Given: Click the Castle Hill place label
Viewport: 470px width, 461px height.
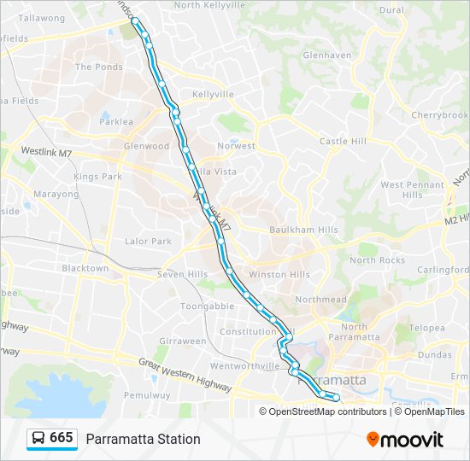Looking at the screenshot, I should click(x=342, y=141).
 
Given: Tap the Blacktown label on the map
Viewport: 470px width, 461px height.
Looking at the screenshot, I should click(x=85, y=268).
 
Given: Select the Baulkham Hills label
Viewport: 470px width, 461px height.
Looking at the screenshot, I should click(x=292, y=228).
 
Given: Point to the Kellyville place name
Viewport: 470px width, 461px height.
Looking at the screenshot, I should click(x=213, y=95).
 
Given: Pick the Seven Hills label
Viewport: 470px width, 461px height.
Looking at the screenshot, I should click(x=182, y=274).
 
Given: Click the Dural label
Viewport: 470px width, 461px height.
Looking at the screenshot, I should click(x=391, y=10).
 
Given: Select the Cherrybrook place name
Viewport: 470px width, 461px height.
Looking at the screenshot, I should click(x=440, y=115).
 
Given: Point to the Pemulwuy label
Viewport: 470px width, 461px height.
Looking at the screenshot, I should click(x=142, y=395).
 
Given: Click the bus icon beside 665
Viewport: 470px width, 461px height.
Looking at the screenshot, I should click(x=38, y=438).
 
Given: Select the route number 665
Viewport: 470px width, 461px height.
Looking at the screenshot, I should click(x=62, y=438).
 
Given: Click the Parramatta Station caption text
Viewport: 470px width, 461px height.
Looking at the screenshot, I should click(x=143, y=439).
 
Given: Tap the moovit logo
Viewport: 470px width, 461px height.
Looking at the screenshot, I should click(x=405, y=439).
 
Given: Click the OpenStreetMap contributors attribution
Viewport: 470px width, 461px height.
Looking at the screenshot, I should click(x=327, y=411).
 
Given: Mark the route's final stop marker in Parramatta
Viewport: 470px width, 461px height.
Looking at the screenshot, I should click(x=336, y=398).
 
